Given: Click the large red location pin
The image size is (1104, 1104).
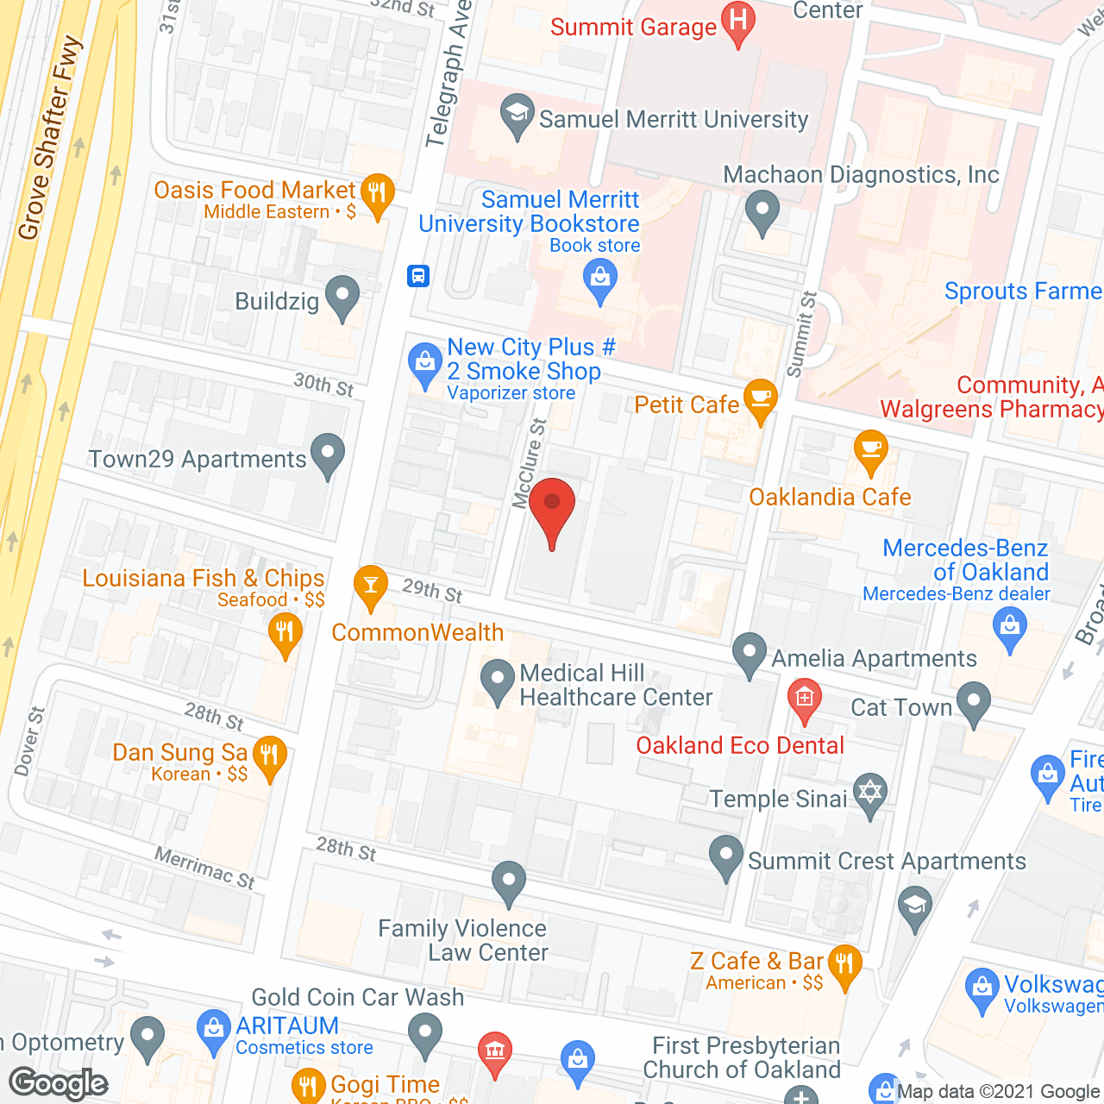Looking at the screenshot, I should (552, 509).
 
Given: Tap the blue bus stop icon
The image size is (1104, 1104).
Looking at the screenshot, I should (418, 276).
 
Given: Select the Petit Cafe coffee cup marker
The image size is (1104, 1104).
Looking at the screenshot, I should (760, 399).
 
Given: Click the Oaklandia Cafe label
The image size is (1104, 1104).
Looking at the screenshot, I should (830, 498).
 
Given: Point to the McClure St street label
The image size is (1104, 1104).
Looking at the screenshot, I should (530, 463).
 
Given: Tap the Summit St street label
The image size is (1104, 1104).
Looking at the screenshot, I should (802, 335).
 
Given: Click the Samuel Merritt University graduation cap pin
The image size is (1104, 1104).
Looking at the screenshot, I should (517, 115).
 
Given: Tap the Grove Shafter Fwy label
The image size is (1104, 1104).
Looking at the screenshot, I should (50, 138).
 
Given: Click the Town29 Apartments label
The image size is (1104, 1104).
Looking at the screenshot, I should (198, 459).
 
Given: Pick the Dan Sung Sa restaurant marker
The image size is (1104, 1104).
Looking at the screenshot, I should (269, 757).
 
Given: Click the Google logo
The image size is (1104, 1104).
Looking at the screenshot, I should (59, 1083).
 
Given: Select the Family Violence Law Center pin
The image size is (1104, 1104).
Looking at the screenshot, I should (509, 882).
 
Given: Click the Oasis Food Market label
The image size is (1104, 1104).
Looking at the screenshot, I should (254, 190).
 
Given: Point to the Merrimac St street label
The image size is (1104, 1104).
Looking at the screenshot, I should (205, 868).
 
